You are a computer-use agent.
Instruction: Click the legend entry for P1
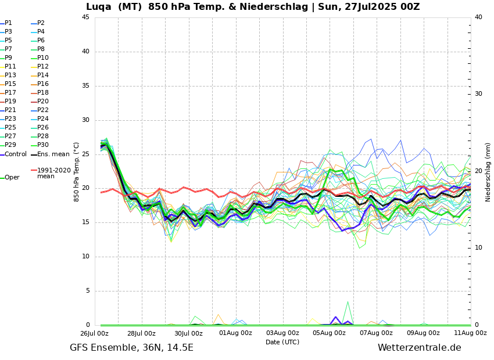click(x=8, y=23)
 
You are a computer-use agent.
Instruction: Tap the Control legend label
click(x=16, y=154)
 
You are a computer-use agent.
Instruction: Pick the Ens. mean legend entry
click(x=53, y=154)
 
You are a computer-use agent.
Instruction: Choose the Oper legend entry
click(x=12, y=178)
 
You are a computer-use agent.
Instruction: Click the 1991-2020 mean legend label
click(x=53, y=173)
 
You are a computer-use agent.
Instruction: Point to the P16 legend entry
click(x=43, y=84)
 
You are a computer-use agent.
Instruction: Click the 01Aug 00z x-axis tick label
click(x=235, y=333)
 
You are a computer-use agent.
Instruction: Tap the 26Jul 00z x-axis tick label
click(x=94, y=333)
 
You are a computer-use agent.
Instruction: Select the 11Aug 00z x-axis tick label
click(x=470, y=333)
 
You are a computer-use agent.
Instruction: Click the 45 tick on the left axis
click(x=85, y=17)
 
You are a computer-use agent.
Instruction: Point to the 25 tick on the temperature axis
click(x=85, y=154)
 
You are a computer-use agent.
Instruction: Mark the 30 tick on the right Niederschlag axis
click(x=479, y=94)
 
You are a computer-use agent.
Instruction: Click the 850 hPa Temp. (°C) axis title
click(x=77, y=171)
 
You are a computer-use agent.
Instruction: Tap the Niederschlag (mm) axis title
click(x=488, y=171)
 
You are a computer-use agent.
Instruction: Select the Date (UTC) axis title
click(x=282, y=342)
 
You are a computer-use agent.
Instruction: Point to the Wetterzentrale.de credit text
click(x=419, y=348)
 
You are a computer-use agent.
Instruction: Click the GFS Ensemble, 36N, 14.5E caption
click(x=131, y=348)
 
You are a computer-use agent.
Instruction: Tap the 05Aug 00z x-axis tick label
click(x=330, y=333)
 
